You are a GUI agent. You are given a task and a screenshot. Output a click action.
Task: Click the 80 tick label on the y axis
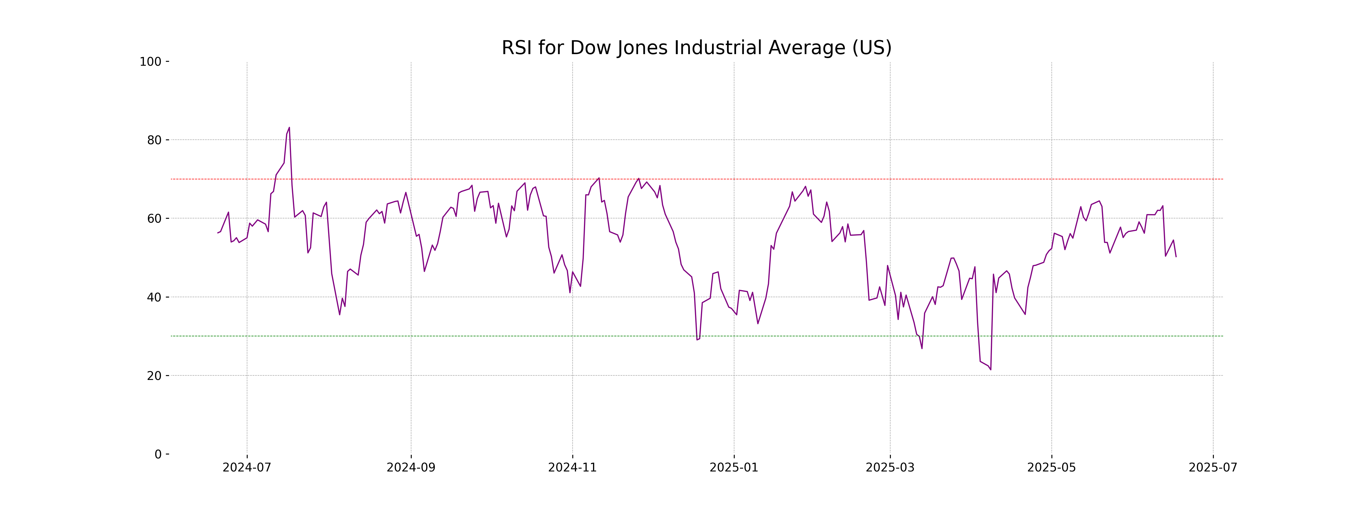154,141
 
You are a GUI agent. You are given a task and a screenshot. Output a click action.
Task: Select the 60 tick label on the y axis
154,218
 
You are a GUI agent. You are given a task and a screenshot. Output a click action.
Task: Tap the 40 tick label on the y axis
154,297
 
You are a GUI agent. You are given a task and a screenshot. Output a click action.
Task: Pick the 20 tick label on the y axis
154,376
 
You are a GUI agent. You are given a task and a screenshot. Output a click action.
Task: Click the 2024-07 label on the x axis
246,468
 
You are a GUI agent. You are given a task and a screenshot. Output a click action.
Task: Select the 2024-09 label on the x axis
411,468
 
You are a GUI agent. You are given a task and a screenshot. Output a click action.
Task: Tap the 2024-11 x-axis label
572,468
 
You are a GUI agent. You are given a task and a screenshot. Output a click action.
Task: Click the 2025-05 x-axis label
1051,468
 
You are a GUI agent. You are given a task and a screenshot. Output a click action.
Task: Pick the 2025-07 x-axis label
1213,468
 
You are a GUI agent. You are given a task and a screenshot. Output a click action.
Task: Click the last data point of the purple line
1176,257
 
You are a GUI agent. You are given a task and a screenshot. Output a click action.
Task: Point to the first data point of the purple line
218,233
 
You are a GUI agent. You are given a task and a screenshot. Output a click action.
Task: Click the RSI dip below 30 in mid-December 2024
697,339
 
